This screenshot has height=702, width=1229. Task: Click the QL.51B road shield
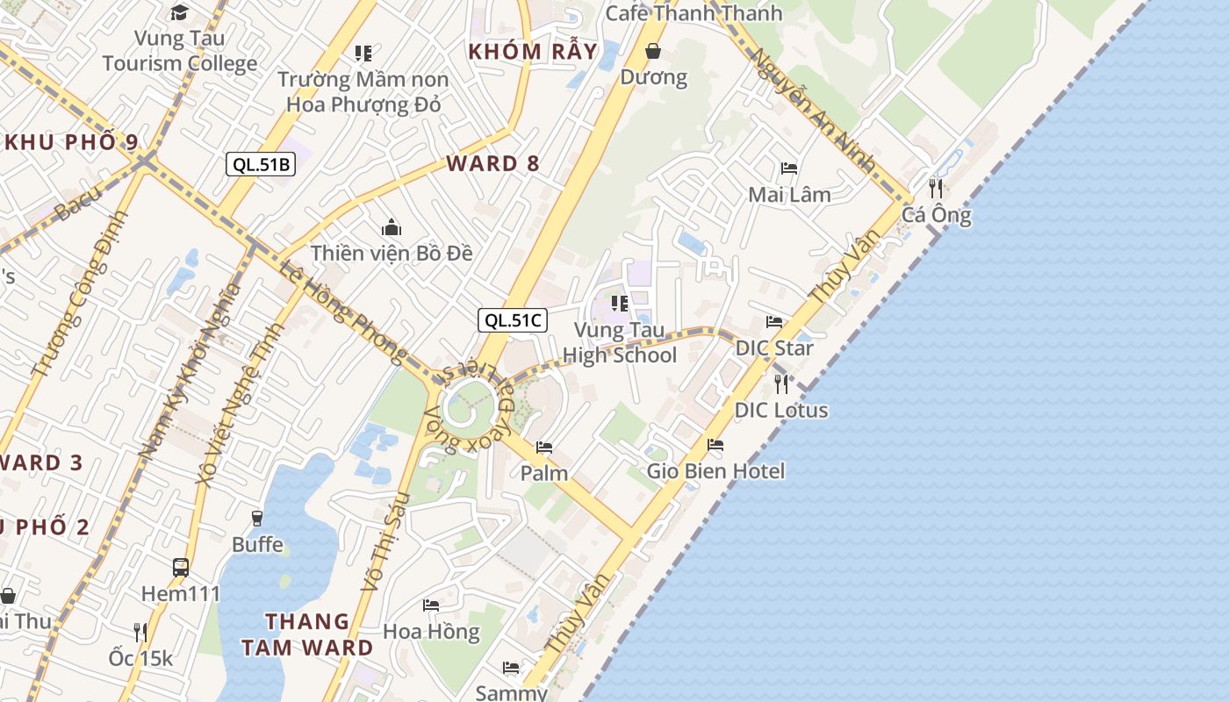coord(261,164)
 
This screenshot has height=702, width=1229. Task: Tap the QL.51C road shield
coord(513,320)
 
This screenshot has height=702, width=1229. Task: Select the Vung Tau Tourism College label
coord(180,51)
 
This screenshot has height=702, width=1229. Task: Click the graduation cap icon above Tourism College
coord(180,12)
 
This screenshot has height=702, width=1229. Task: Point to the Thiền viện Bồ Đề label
coord(392,253)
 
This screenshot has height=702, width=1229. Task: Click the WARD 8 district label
coord(492,163)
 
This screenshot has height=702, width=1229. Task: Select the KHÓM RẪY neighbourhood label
coord(533,51)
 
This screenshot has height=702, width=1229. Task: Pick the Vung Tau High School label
coord(620,343)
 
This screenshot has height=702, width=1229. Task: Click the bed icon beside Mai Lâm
coord(789,168)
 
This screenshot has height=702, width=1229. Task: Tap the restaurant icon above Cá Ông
coord(937,188)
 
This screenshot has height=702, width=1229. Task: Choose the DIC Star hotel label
coord(774,347)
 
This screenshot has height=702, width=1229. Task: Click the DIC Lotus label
coord(781,410)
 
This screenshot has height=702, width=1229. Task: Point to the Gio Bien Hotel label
coord(715,471)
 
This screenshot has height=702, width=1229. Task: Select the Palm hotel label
coord(544,473)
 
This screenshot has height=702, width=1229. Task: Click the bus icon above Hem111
coord(181,567)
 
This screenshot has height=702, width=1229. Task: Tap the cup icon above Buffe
coord(257,519)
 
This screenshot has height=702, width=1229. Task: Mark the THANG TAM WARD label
coord(307,634)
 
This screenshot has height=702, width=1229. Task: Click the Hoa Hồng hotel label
coord(431,631)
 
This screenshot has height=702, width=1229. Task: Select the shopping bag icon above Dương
coord(653,51)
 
